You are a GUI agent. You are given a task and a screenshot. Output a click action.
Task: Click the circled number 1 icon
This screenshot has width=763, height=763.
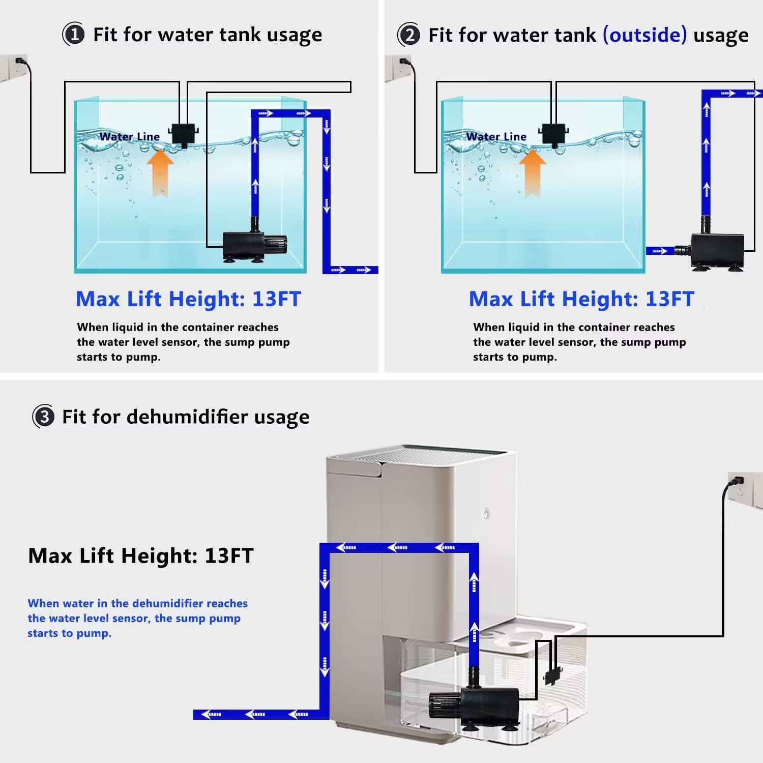[74, 35]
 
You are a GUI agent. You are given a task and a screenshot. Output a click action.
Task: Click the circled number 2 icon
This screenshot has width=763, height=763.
[409, 35]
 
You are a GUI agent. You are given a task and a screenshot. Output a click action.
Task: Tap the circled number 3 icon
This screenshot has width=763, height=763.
[44, 417]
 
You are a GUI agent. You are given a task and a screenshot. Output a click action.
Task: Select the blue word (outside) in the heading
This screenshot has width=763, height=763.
[644, 35]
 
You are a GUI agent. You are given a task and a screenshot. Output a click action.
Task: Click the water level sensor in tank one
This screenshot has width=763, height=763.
[183, 134]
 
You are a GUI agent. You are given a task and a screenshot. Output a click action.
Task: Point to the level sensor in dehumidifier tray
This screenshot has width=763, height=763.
[552, 676]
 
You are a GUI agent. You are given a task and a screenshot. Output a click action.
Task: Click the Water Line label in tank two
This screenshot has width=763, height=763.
[496, 136]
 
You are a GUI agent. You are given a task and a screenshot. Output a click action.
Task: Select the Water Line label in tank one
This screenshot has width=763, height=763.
[129, 136]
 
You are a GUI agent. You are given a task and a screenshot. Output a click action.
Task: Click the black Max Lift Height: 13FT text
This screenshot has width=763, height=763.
[141, 555]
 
